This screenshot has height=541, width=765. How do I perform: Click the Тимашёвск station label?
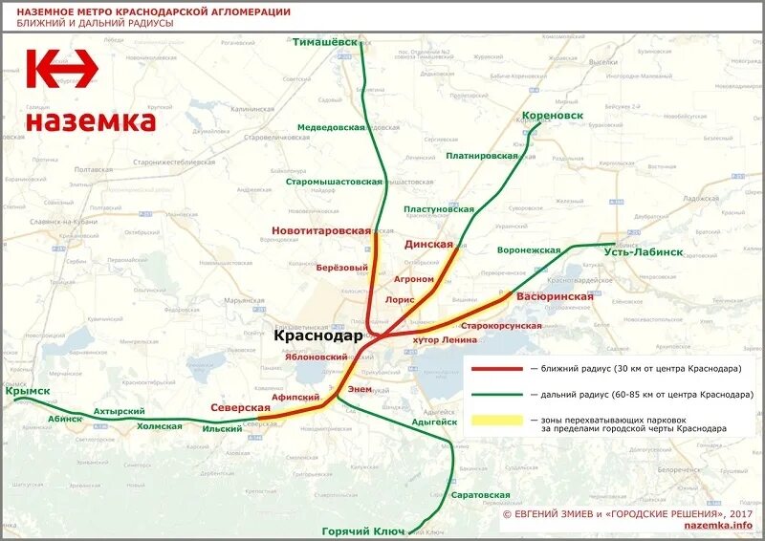[x=330, y=43]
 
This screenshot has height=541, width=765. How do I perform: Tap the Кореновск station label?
[x=553, y=117]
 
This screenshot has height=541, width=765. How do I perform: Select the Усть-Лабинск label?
[x=644, y=251]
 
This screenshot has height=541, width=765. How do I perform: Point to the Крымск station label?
[x=27, y=392]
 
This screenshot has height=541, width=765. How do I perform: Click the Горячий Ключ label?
[x=362, y=530]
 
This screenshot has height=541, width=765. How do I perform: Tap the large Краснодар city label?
[x=318, y=336]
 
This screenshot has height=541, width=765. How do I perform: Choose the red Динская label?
[x=428, y=245]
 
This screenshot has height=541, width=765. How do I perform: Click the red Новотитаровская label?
[x=320, y=230]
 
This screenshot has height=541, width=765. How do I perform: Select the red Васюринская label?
[x=555, y=296]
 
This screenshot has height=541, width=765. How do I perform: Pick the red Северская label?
[x=240, y=407]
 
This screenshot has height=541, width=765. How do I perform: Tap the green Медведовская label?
[x=331, y=126]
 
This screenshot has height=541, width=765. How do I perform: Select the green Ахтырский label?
[x=117, y=411]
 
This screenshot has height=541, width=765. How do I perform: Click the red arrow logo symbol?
[x=61, y=70]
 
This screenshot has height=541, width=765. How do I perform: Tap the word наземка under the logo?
[x=90, y=121]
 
